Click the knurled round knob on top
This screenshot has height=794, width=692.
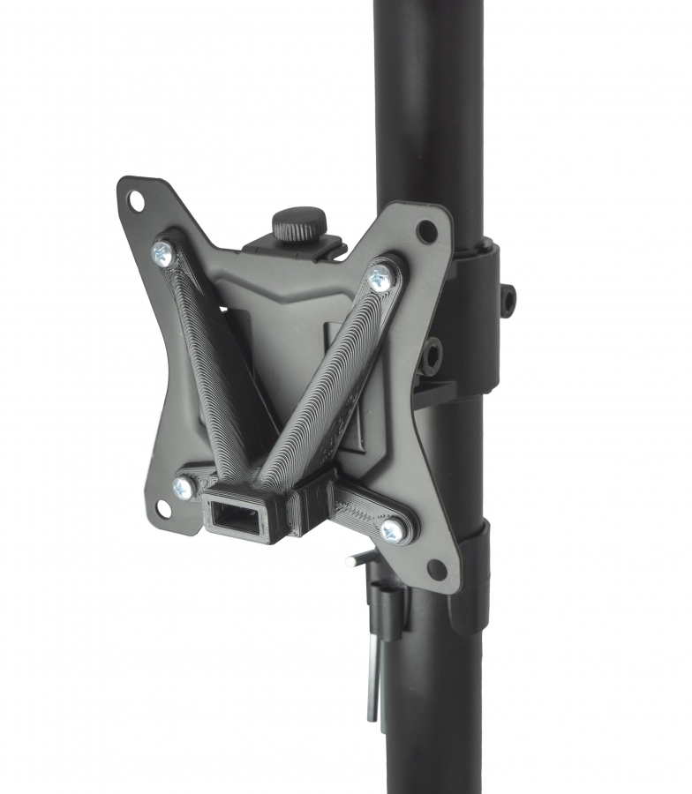299,224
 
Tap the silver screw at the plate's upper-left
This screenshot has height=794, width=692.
162,254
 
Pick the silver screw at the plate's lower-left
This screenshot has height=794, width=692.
184,486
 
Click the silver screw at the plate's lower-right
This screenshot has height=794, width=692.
392,529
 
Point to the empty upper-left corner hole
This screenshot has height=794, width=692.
136,201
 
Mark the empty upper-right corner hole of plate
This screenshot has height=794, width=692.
427,231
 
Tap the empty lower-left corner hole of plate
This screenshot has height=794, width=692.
163,509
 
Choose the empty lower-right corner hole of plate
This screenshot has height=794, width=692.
436,568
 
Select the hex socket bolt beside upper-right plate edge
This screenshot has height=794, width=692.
432,355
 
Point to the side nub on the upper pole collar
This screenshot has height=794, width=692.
508,300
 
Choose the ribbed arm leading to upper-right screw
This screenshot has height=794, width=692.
327,379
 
